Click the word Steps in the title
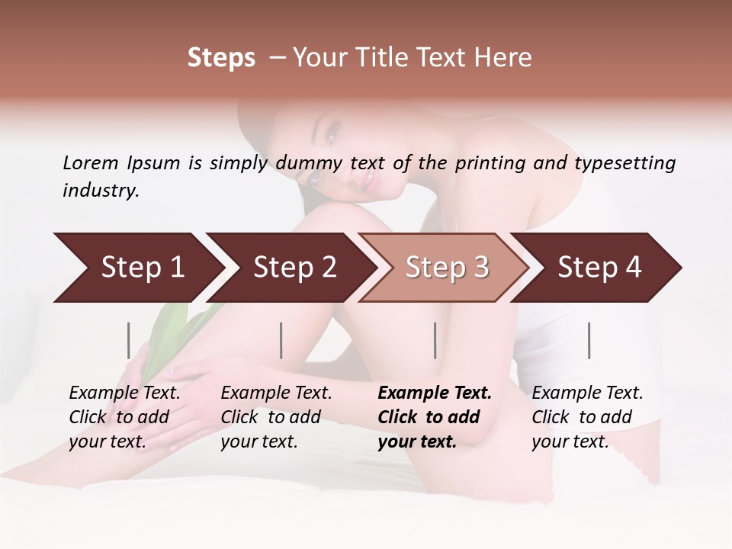(221, 59)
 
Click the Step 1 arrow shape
(142, 268)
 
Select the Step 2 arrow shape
(294, 268)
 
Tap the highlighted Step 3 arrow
(447, 268)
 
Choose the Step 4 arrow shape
(599, 268)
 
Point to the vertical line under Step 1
(129, 340)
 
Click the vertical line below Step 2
(281, 340)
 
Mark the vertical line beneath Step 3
(435, 340)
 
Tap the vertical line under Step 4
(589, 340)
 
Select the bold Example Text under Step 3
(435, 393)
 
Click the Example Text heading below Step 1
(124, 393)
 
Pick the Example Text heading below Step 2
(276, 393)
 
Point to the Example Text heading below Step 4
(587, 393)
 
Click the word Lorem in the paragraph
(91, 163)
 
